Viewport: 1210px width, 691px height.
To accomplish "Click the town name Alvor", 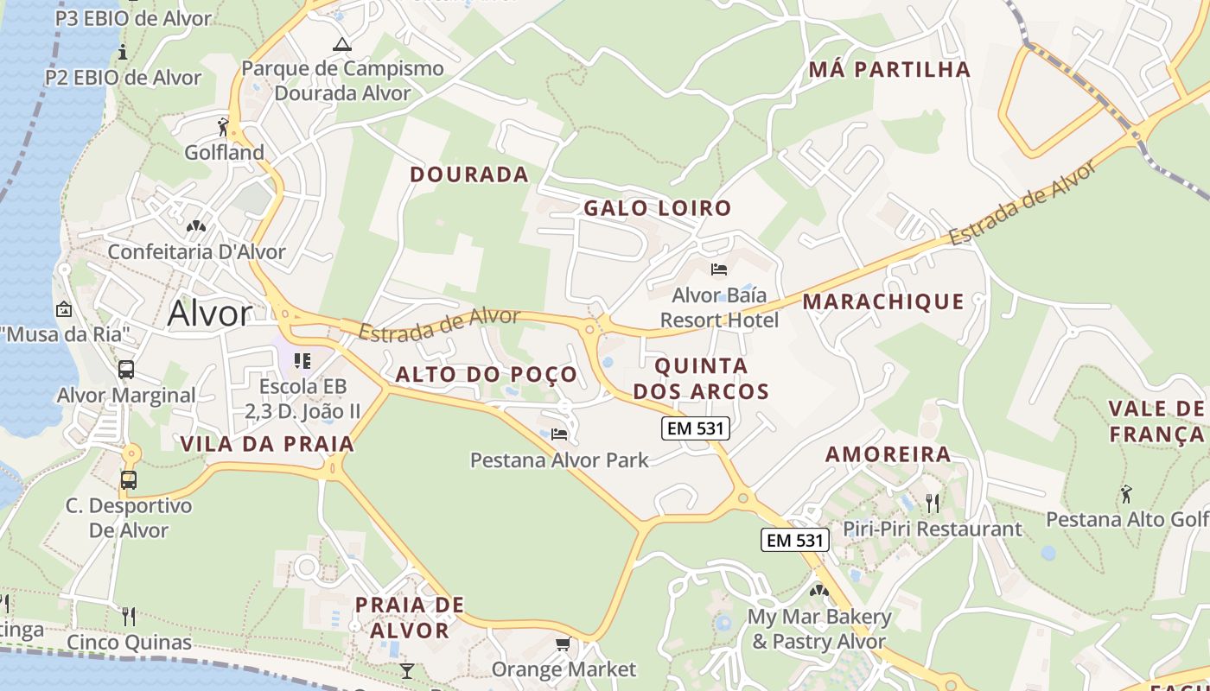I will coord(210,314).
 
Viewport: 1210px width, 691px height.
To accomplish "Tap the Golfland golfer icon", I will coord(224,127).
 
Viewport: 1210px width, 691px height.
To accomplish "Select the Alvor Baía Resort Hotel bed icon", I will coord(718,269).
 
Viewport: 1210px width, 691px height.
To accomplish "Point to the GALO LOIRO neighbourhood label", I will coord(657,208).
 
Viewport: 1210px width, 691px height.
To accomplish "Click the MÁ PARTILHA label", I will coord(889,70).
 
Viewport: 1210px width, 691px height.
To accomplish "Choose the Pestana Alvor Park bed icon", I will coord(559,434).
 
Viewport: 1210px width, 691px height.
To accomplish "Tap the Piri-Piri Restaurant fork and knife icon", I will coord(932,503).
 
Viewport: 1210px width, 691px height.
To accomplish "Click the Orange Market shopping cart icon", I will coord(564,644).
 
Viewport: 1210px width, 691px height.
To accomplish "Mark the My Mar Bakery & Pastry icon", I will coord(818,592).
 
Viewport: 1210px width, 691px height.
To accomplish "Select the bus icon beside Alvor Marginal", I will coord(126,370).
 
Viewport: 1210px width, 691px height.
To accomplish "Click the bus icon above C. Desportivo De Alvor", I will coord(129,479).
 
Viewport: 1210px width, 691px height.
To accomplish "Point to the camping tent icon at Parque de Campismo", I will coord(342,44).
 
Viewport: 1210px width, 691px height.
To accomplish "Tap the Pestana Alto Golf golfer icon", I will coord(1126,494).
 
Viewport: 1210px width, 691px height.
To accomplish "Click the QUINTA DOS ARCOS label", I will coord(701,378).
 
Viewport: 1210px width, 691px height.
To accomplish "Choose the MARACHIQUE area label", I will coord(883,301).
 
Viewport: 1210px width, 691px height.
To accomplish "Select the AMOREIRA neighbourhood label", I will coord(888,454).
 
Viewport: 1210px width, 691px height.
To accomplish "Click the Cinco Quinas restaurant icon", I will coord(129,616).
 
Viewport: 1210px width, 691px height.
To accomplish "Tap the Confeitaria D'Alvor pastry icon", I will coord(196,226).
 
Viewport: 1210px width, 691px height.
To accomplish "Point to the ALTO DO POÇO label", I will coord(486,375).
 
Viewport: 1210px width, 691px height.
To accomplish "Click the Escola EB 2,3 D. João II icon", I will coord(302,360).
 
